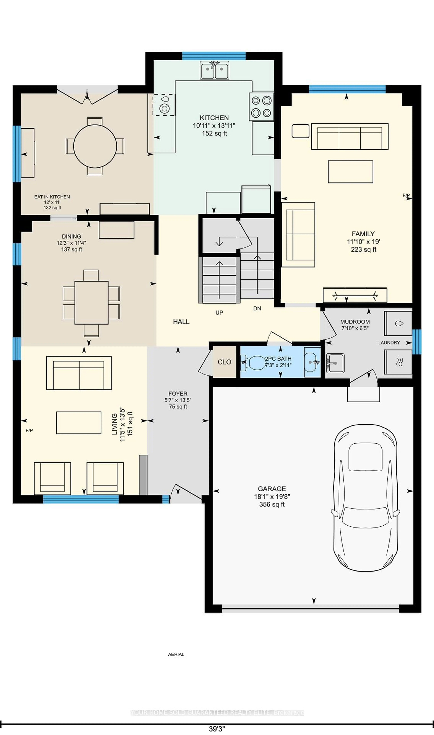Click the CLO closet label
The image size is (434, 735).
224,362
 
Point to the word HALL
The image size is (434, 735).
181,322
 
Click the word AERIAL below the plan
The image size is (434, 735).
176,654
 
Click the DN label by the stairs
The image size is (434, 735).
257,308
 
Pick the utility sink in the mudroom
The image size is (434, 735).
335,363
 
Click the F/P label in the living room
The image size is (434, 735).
29,430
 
